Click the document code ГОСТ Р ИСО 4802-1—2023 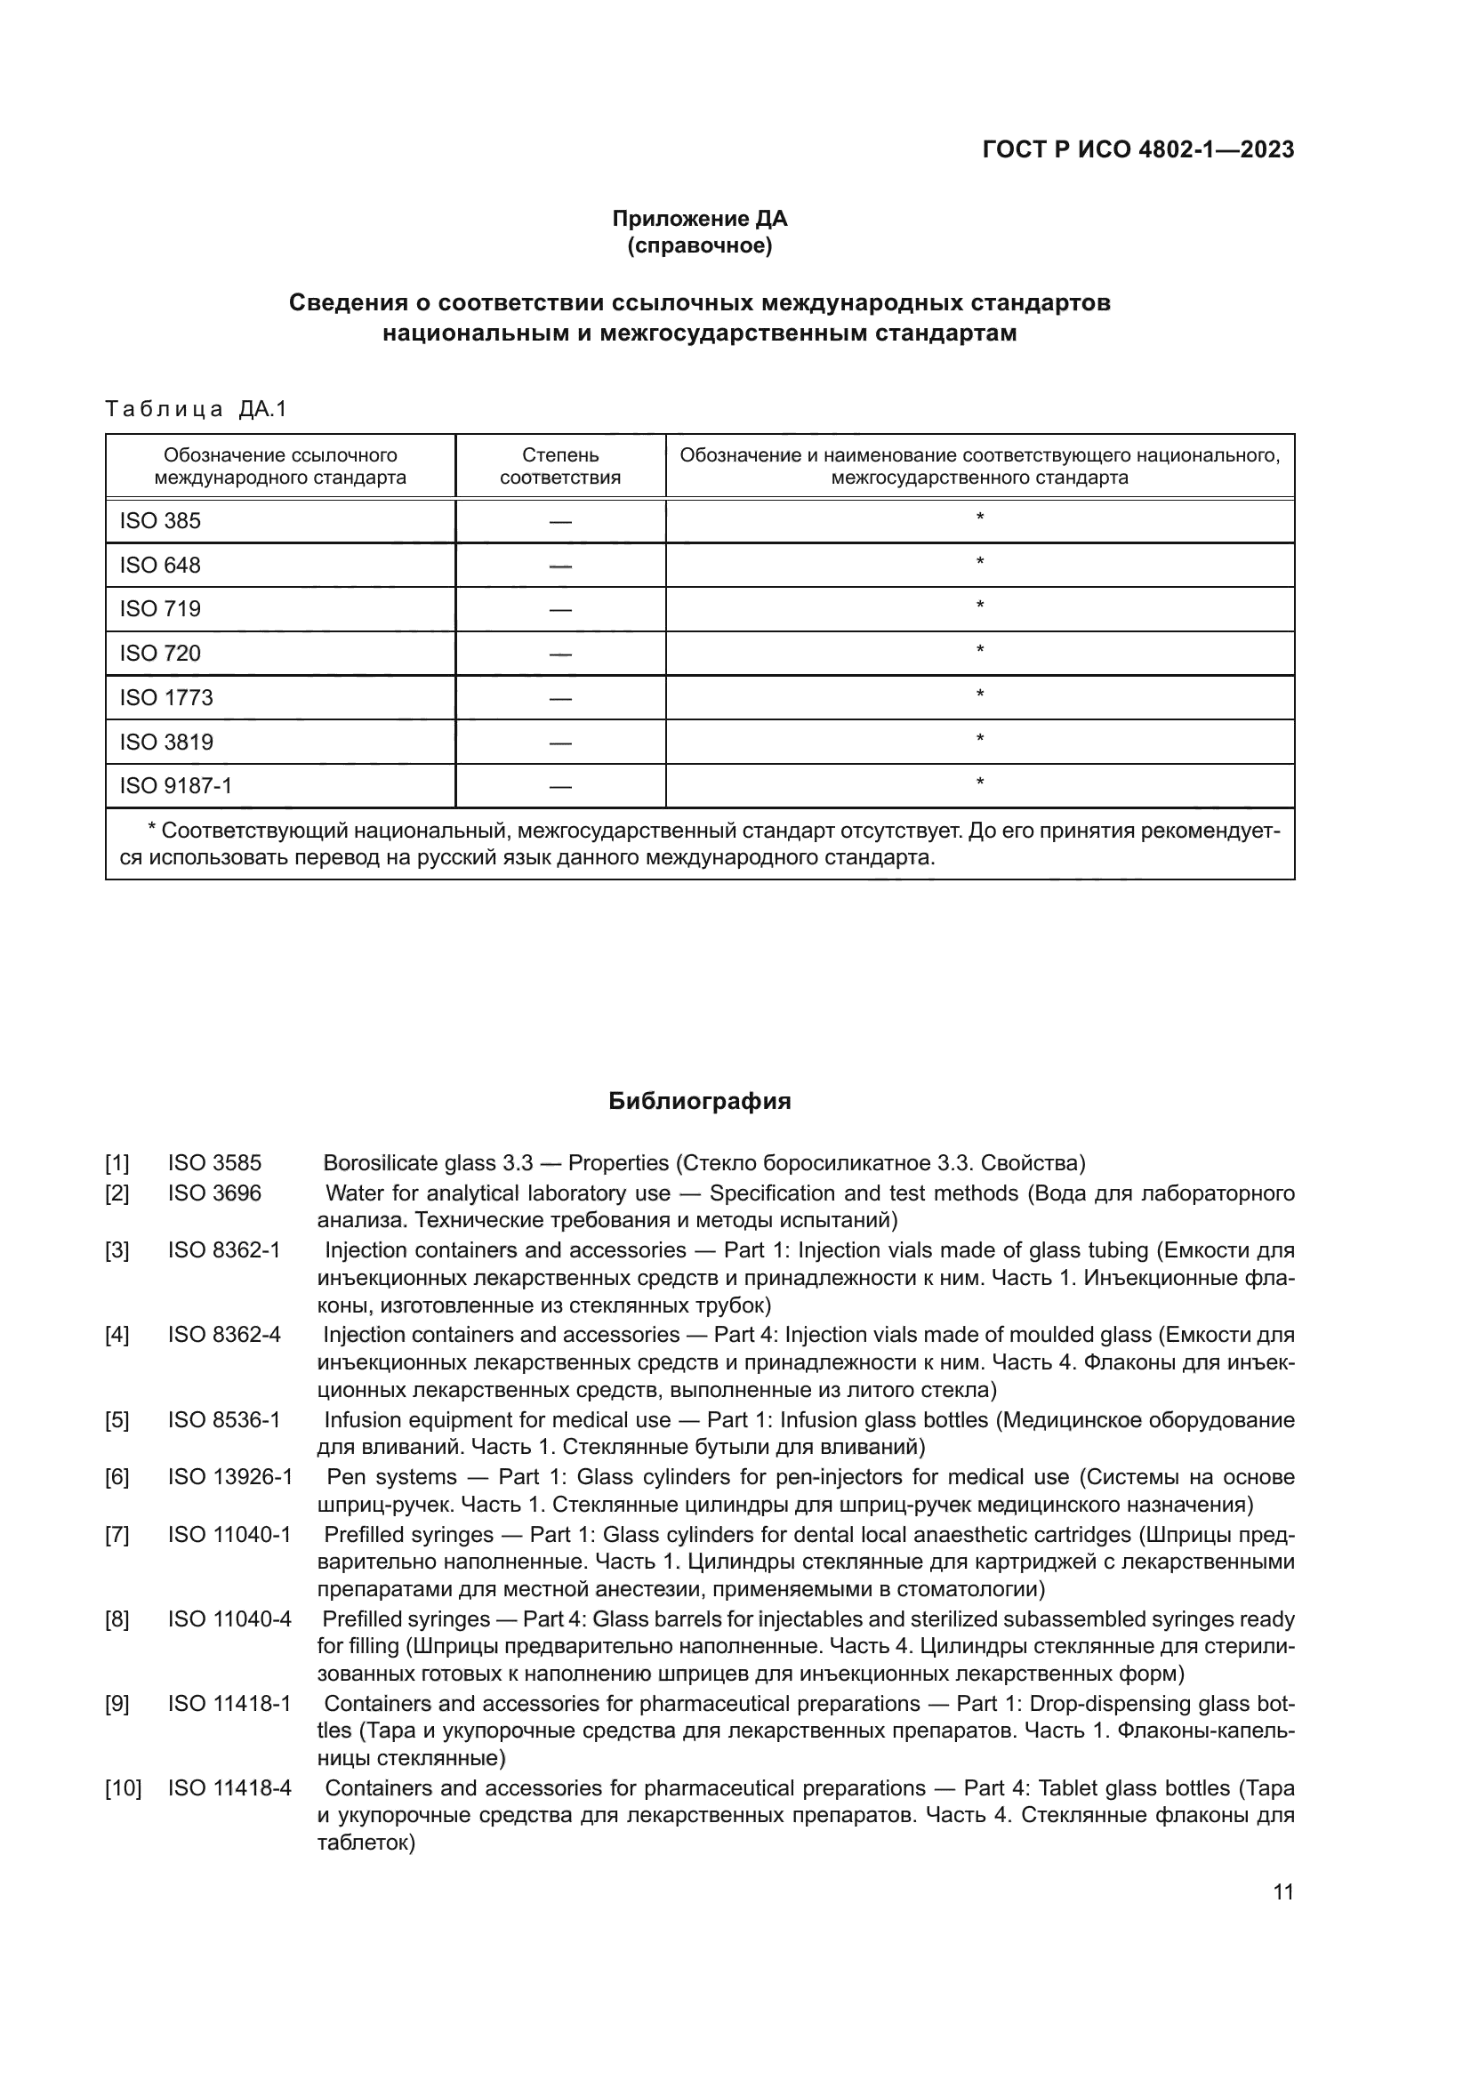(1137, 149)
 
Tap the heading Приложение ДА (699, 219)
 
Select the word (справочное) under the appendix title (699, 245)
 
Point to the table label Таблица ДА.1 (196, 408)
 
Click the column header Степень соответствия (559, 466)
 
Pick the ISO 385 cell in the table (160, 521)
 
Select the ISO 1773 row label (166, 697)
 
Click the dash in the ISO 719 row (559, 610)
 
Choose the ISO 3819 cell (166, 742)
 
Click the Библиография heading (699, 1101)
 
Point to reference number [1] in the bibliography (117, 1162)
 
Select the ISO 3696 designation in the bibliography (213, 1193)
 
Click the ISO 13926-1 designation (230, 1477)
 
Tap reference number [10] (124, 1788)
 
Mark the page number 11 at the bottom (1282, 1891)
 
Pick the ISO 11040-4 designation (229, 1618)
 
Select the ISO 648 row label (160, 566)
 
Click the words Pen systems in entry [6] (391, 1477)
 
